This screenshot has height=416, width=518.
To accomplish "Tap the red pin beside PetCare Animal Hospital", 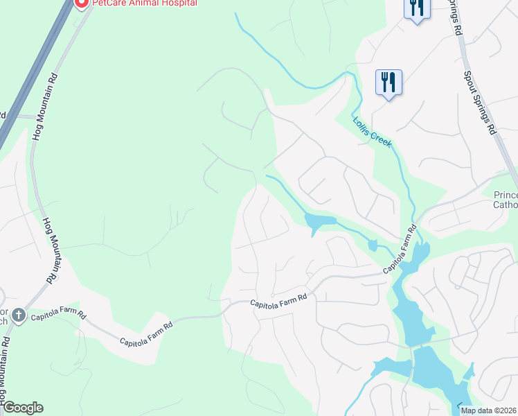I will pos(81,3).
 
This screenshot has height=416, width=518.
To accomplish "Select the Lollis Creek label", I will pos(373,131).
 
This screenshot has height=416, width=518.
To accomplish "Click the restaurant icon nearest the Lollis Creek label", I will pos(388,83).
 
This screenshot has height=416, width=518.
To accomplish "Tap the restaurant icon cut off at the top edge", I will pos(417,8).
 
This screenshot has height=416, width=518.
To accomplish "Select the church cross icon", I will pos(18,316).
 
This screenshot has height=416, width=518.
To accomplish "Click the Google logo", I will pos(22,408).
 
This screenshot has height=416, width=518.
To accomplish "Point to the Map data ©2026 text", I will pos(488,410).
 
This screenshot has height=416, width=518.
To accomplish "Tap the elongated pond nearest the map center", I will pos(319,223).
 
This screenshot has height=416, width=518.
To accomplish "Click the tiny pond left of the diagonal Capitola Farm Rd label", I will pos(373,245).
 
